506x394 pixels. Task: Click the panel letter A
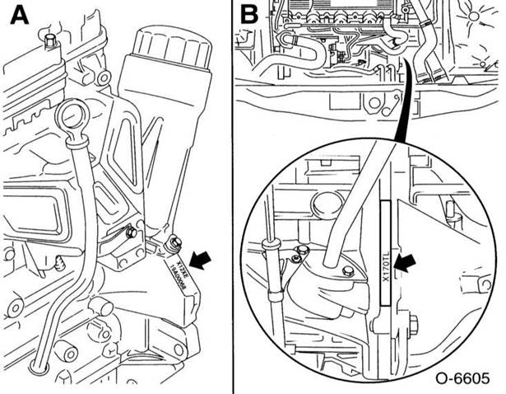click(x=17, y=16)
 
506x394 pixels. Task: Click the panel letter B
click(x=249, y=15)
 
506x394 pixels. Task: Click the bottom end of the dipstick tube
click(x=36, y=363)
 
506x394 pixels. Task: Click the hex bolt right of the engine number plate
click(x=173, y=242)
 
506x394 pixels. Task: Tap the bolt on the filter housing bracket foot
click(x=132, y=235)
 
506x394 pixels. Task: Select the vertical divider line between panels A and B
click(x=232, y=197)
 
